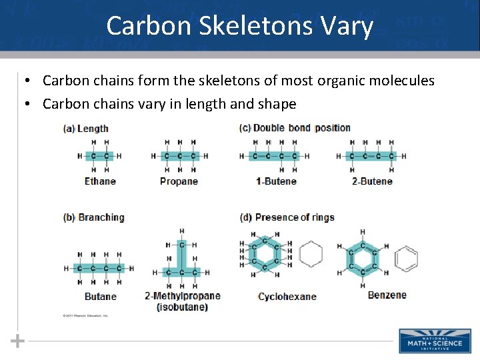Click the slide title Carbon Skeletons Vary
pyautogui.click(x=239, y=26)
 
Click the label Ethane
pyautogui.click(x=100, y=181)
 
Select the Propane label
pyautogui.click(x=179, y=181)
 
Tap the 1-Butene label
pyautogui.click(x=276, y=181)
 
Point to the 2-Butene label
pyautogui.click(x=372, y=181)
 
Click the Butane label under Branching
pyautogui.click(x=100, y=297)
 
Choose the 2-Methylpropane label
pyautogui.click(x=182, y=296)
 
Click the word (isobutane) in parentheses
pyautogui.click(x=182, y=307)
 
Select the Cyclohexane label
pyautogui.click(x=287, y=297)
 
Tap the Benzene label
pyautogui.click(x=387, y=295)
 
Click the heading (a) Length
pyautogui.click(x=85, y=129)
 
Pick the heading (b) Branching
pyautogui.click(x=93, y=217)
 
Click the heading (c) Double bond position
pyautogui.click(x=295, y=128)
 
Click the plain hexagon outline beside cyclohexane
pyautogui.click(x=311, y=254)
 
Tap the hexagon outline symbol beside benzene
pyautogui.click(x=406, y=258)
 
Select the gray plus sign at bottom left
pyautogui.click(x=17, y=341)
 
